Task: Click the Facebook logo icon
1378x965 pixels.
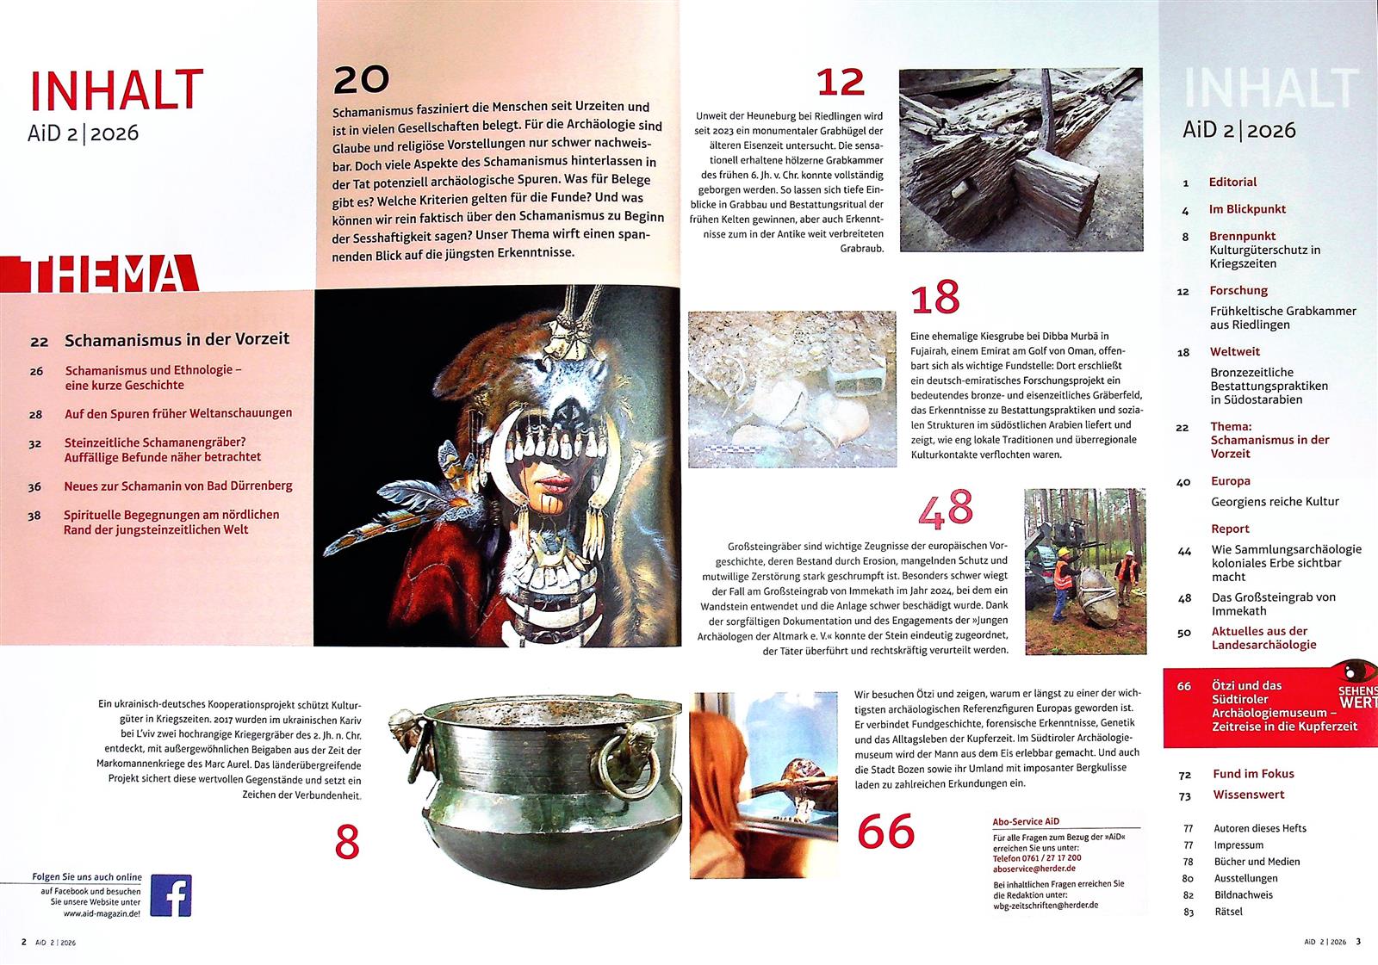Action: coord(171,895)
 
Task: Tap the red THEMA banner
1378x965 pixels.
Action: coord(100,274)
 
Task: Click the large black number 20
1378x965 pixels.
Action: coord(361,80)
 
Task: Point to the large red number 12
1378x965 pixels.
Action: coord(841,83)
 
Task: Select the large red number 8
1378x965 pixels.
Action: coord(347,842)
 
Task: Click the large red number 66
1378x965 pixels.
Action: coord(886,831)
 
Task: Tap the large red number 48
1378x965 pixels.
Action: coord(946,509)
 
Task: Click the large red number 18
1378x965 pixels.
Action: coord(935,298)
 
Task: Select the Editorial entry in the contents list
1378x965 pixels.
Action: coord(1232,182)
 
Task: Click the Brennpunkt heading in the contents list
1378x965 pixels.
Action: coord(1242,236)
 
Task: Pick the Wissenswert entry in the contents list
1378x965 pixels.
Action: coord(1248,795)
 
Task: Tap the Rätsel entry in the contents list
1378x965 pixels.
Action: coord(1228,912)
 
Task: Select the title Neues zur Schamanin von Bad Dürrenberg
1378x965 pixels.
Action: coord(178,486)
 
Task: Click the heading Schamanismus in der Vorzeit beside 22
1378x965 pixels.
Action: coord(177,339)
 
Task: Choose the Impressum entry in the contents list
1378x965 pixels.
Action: coord(1238,845)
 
